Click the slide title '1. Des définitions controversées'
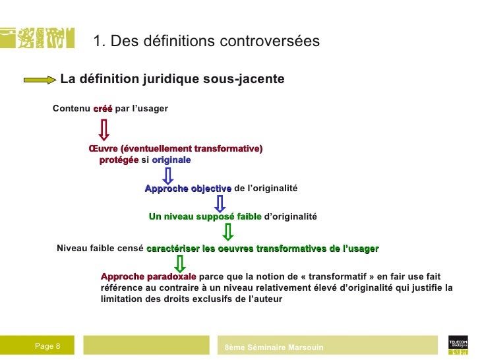(206, 42)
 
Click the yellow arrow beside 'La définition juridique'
(40, 80)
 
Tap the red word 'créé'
(103, 108)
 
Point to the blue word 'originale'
(171, 160)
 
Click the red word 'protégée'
(119, 160)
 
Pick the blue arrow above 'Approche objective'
(168, 175)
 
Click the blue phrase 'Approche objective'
(188, 189)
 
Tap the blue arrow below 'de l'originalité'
(220, 203)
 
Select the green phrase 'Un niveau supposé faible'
(205, 216)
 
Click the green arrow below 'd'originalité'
(228, 232)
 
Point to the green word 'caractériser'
(173, 249)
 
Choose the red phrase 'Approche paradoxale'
(148, 277)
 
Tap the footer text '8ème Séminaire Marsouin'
(274, 347)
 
